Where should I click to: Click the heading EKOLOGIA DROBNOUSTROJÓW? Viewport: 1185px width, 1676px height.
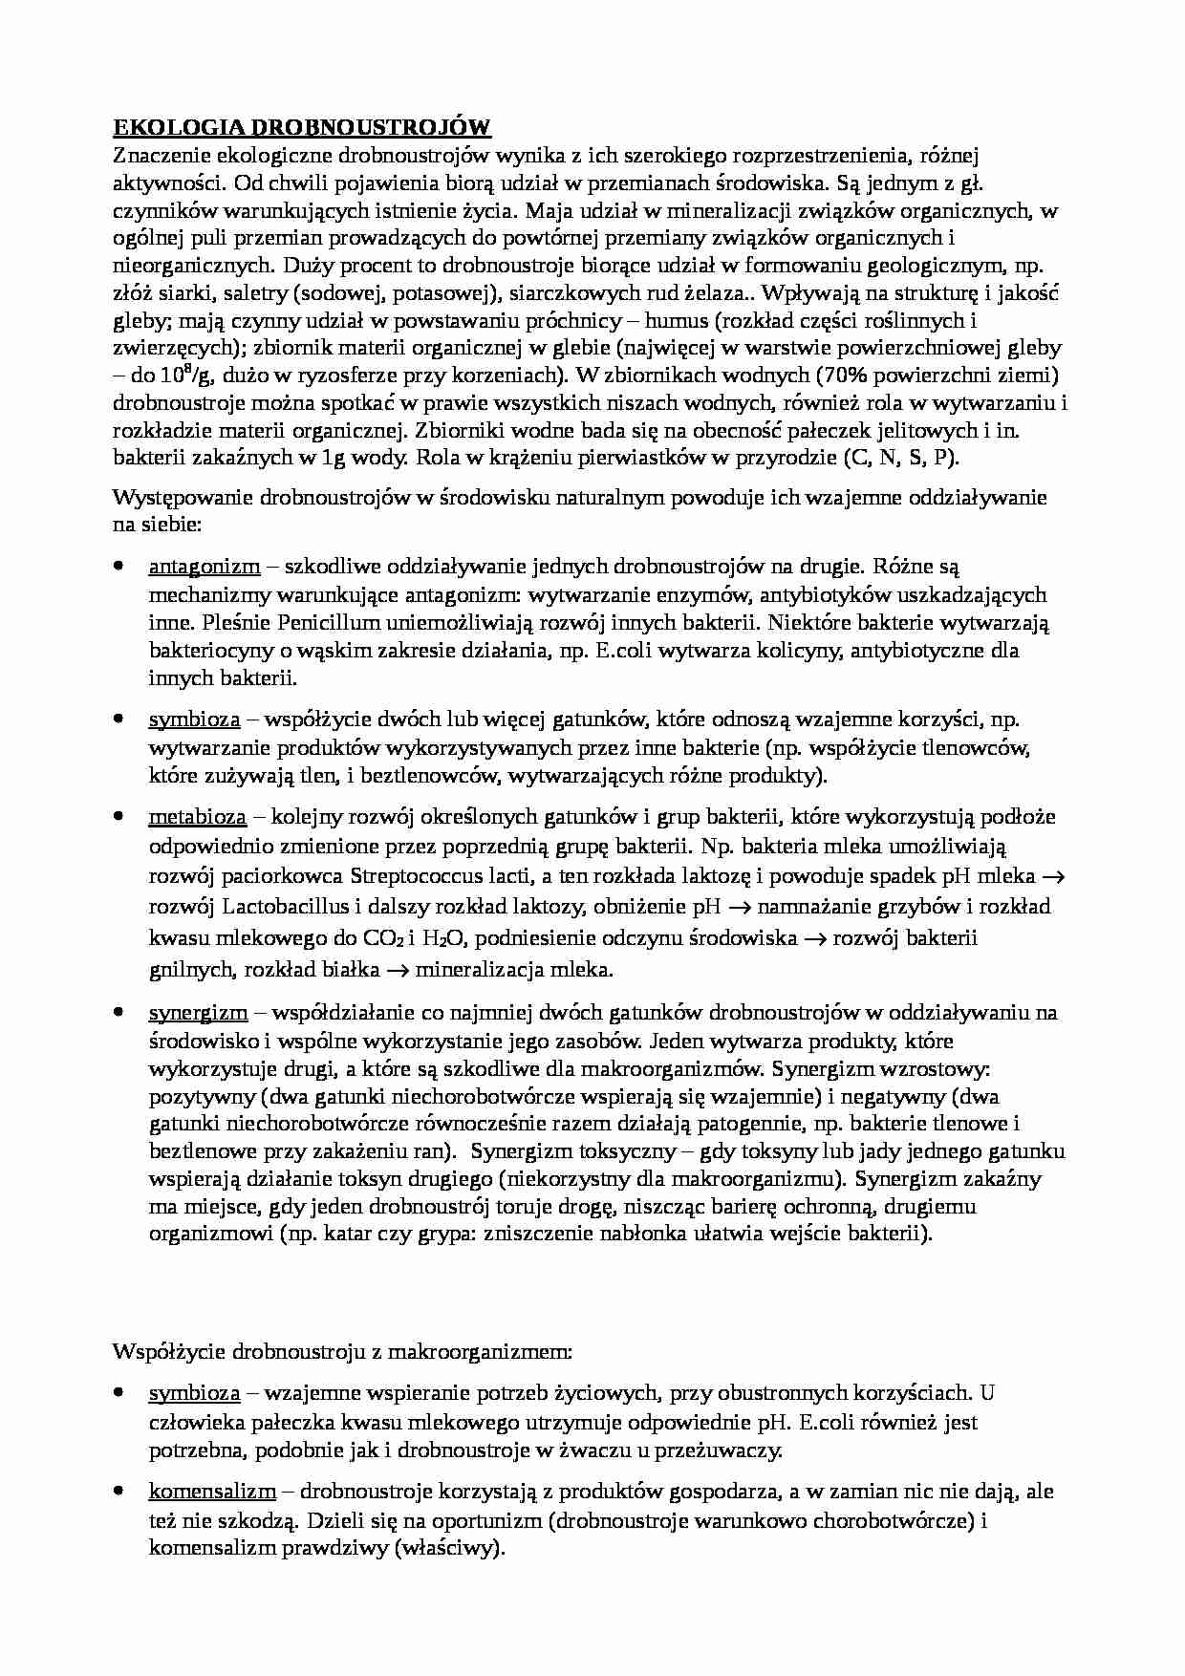point(302,127)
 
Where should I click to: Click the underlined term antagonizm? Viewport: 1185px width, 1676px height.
point(205,567)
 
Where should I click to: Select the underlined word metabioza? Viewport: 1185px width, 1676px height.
point(198,817)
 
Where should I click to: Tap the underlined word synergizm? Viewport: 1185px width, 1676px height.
point(198,1012)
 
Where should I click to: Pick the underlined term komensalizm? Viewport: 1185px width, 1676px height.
point(212,1491)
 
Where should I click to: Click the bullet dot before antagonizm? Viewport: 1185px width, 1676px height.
point(118,567)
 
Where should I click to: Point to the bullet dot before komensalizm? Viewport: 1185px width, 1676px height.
point(118,1491)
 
